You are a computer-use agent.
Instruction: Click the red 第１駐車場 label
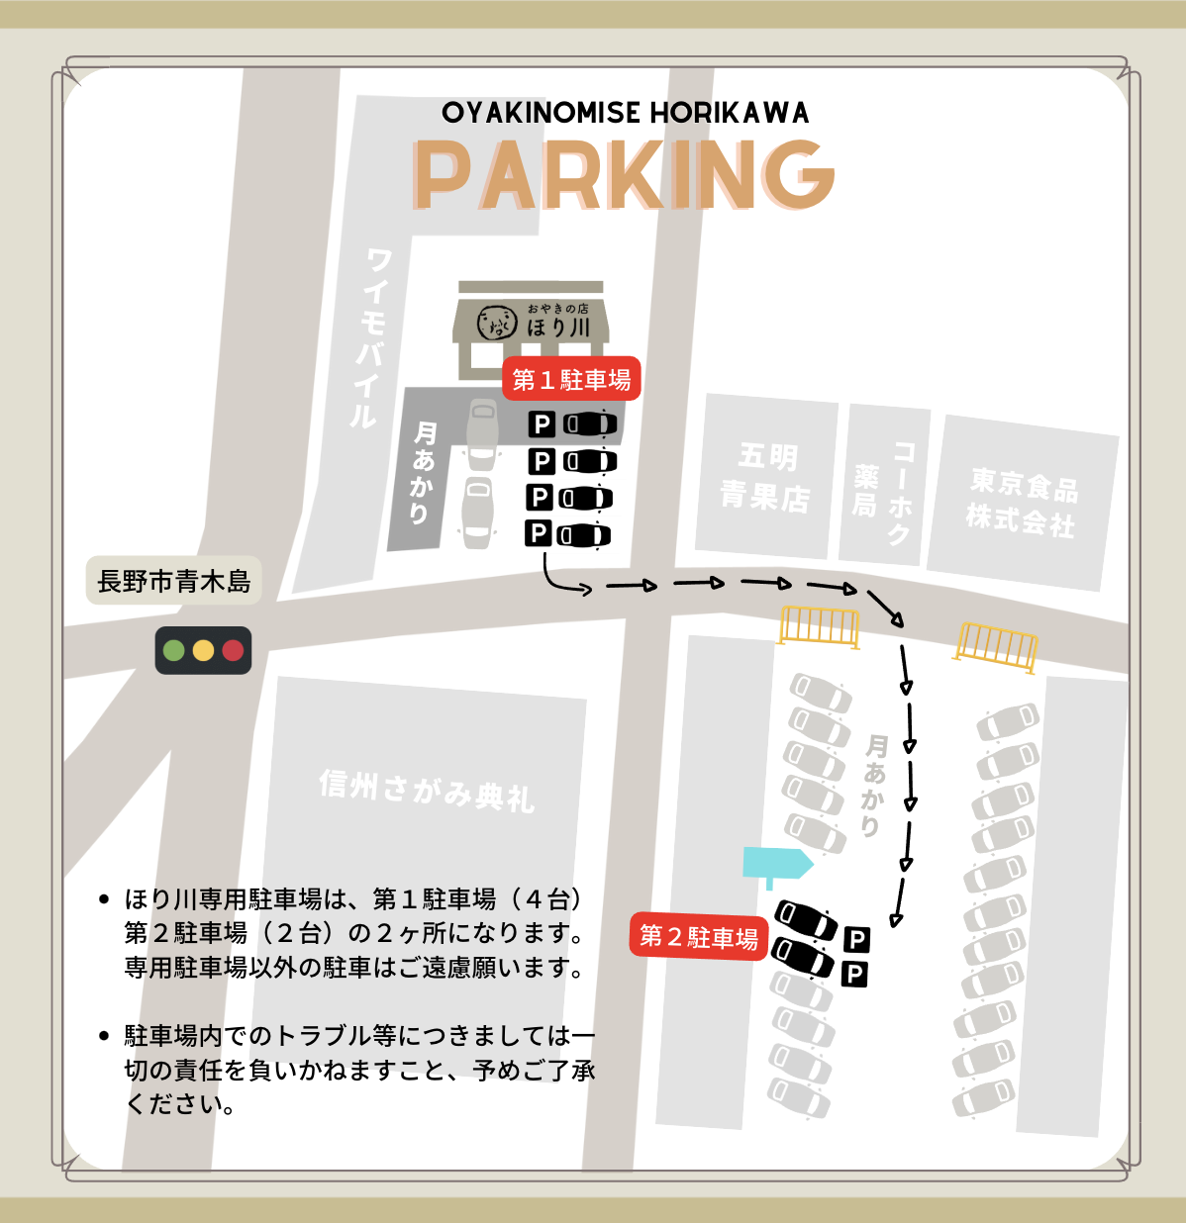pyautogui.click(x=571, y=379)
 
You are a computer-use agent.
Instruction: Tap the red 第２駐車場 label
pyautogui.click(x=699, y=936)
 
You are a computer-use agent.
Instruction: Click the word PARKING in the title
pyautogui.click(x=624, y=174)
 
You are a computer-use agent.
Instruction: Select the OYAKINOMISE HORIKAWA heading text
pyautogui.click(x=625, y=113)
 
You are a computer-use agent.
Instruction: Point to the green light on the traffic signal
pyautogui.click(x=174, y=650)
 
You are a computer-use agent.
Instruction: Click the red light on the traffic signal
pyautogui.click(x=233, y=650)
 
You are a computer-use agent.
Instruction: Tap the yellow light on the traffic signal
pyautogui.click(x=203, y=650)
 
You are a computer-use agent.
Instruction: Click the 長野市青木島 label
pyautogui.click(x=174, y=581)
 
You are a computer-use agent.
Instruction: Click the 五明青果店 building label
pyautogui.click(x=764, y=477)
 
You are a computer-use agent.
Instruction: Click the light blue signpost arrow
pyautogui.click(x=777, y=864)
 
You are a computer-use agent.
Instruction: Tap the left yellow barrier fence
pyautogui.click(x=819, y=625)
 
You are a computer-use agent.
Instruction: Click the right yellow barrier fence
pyautogui.click(x=996, y=646)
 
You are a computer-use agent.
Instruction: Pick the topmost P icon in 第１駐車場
pyautogui.click(x=541, y=424)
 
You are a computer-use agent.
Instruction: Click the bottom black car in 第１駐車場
pyautogui.click(x=584, y=535)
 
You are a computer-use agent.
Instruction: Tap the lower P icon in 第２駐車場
pyautogui.click(x=853, y=974)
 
